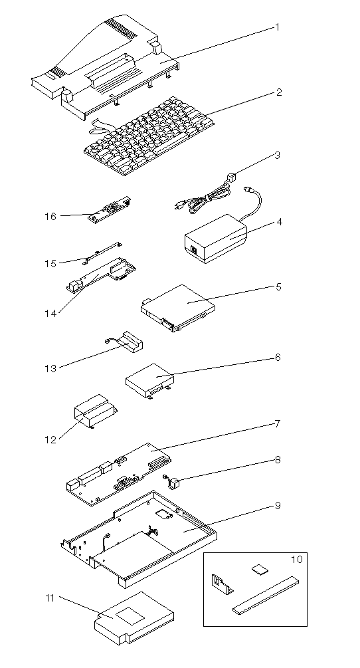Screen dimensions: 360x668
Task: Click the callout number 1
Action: pyautogui.click(x=277, y=28)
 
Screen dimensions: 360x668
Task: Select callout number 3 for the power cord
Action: pyautogui.click(x=277, y=155)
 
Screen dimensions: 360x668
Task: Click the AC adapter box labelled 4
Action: pyautogui.click(x=216, y=239)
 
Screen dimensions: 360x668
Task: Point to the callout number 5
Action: pyautogui.click(x=278, y=286)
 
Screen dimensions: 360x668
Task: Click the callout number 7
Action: pyautogui.click(x=277, y=424)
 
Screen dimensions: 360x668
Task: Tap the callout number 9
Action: pyautogui.click(x=278, y=506)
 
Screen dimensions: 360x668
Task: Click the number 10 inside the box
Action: pyautogui.click(x=297, y=560)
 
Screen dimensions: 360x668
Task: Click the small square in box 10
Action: pyautogui.click(x=258, y=569)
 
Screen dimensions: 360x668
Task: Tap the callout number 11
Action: pyautogui.click(x=50, y=598)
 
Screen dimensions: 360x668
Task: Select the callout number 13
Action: pyautogui.click(x=50, y=368)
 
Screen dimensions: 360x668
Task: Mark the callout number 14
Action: pyautogui.click(x=50, y=314)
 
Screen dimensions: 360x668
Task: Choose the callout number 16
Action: pyautogui.click(x=50, y=217)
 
